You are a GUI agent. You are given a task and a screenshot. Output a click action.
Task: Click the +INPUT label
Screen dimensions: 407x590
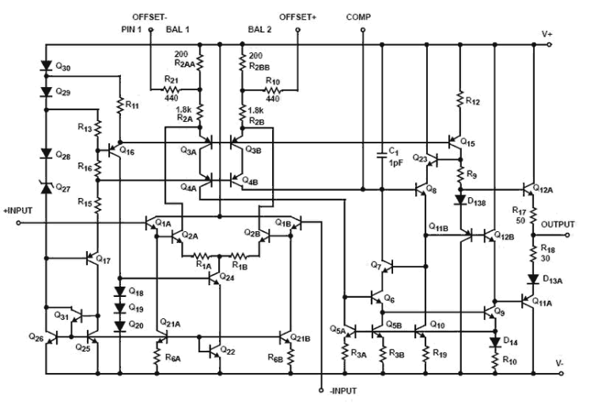(17, 211)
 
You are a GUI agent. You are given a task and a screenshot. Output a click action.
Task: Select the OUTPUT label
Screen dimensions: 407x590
(558, 224)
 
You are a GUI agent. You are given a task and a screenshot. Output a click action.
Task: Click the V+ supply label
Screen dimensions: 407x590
(547, 33)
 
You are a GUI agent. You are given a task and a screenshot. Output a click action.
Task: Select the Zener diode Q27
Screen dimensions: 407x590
(45, 188)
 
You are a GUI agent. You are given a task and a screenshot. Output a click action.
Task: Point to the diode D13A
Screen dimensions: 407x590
(533, 280)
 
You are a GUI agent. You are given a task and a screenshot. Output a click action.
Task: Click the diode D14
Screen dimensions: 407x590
(494, 341)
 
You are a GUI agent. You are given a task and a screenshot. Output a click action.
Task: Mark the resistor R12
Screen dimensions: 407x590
(459, 101)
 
